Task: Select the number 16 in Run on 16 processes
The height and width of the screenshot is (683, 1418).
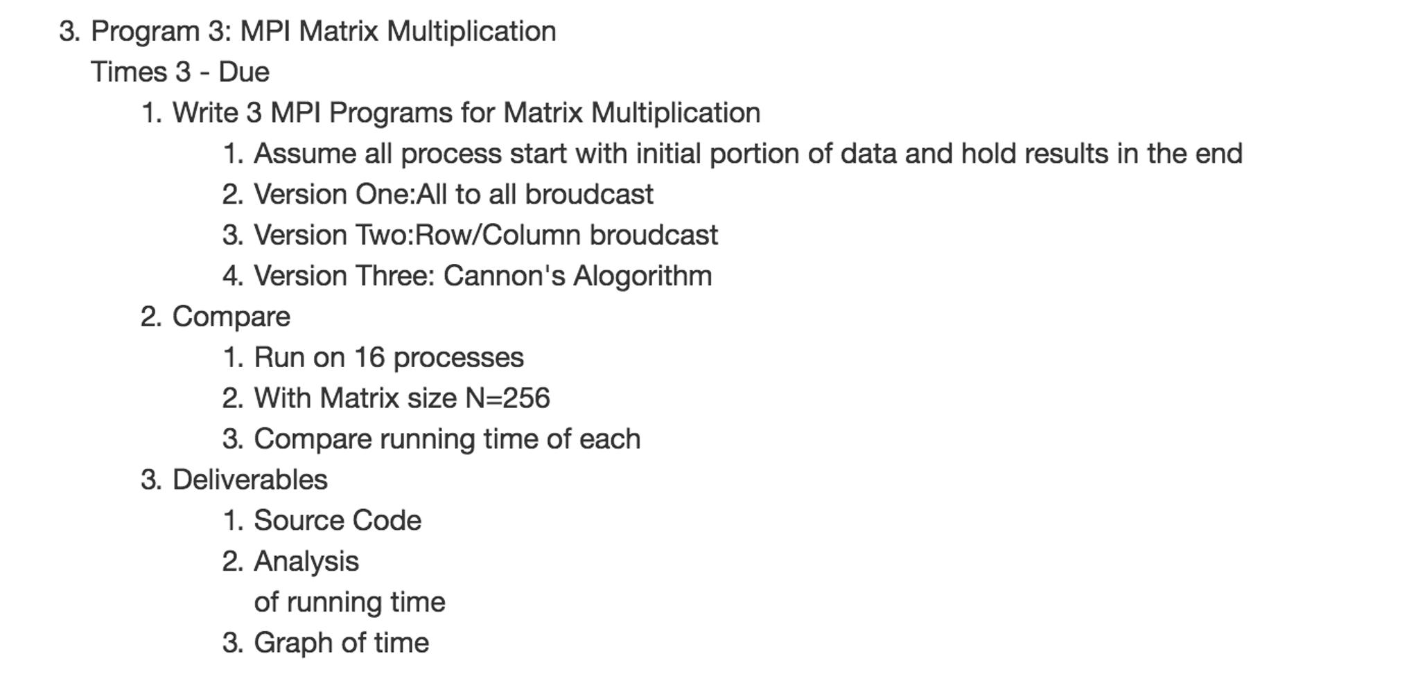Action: [369, 357]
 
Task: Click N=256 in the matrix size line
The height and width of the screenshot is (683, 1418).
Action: [507, 398]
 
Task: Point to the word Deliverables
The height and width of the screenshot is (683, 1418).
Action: [250, 479]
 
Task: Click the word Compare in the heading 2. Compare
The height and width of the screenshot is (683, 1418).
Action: [231, 317]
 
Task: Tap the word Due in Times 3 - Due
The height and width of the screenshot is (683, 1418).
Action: [244, 72]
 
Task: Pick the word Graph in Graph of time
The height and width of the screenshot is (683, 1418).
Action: [292, 643]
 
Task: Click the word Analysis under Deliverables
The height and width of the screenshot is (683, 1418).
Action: [306, 561]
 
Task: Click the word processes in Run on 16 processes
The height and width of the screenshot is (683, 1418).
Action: [458, 357]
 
